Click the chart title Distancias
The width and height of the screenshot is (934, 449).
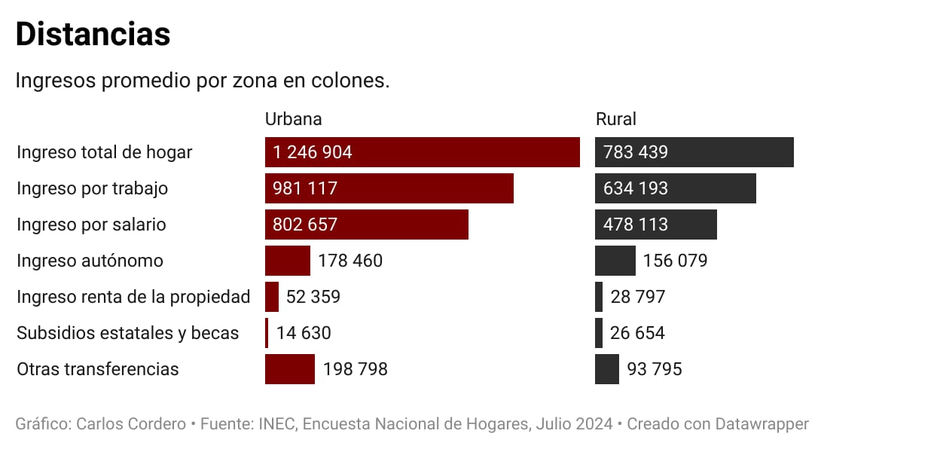point(93,35)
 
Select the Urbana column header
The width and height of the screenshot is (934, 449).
point(293,119)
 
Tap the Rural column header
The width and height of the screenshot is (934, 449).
point(615,119)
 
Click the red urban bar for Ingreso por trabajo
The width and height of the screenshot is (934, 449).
point(389,188)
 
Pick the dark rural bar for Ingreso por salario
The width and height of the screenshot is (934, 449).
point(655,225)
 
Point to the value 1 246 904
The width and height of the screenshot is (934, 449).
point(313,152)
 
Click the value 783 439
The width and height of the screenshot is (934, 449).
point(635,152)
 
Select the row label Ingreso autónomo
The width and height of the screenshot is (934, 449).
point(90,261)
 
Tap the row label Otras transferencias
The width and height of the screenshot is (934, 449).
point(97,369)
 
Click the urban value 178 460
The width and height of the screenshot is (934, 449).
point(350,261)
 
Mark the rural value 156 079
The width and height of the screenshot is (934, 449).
point(675,261)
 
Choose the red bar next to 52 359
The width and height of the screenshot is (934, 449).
point(272,297)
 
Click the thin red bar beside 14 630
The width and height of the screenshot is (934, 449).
point(267,333)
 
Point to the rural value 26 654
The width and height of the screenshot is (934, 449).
point(637,333)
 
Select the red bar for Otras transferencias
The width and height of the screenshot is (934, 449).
point(289,369)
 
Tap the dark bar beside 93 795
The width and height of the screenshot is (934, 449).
point(606,369)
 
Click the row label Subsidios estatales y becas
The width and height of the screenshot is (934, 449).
point(127,333)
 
